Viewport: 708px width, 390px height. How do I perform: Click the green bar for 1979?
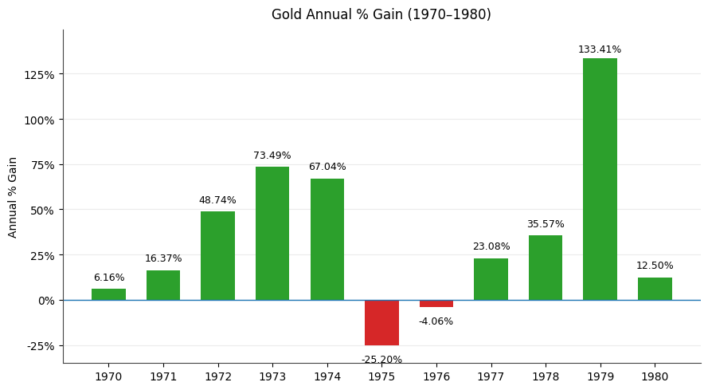600,179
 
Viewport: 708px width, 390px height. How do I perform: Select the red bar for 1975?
381,323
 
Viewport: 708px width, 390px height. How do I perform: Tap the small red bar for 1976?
436,304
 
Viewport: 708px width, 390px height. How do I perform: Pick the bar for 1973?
272,233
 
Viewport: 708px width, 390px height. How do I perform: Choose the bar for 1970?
108,294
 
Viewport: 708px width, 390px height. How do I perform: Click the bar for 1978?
546,267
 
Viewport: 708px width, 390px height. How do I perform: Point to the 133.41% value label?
600,49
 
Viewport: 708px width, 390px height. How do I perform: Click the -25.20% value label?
381,360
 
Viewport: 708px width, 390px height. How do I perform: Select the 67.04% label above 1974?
327,167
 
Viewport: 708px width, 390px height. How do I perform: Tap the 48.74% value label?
217,200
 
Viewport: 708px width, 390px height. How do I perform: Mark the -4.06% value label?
436,321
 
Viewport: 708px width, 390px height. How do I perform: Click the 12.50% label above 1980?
655,266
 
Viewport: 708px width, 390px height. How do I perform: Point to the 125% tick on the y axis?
39,75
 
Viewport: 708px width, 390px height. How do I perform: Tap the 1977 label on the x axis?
491,376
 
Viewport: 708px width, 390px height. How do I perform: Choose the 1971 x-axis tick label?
163,376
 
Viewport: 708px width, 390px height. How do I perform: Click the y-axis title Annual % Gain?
13,197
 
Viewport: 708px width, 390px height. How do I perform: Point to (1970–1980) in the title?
452,14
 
